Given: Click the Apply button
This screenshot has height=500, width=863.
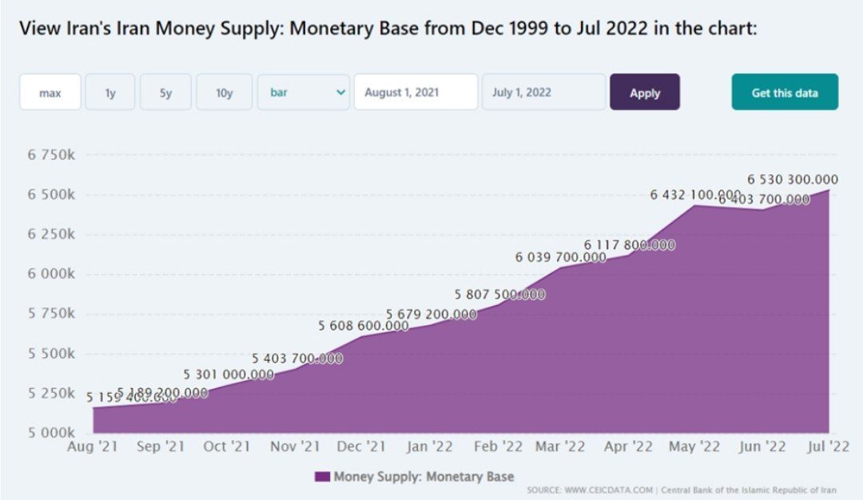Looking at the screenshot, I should click(x=645, y=93).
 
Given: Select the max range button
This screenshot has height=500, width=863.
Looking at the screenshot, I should click(x=50, y=93).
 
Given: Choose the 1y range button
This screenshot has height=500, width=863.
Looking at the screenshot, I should click(x=110, y=93).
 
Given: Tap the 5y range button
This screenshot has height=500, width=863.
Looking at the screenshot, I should click(x=165, y=93).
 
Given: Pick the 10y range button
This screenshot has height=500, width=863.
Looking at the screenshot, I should click(x=225, y=93).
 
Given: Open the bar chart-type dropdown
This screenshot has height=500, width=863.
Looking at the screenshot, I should click(x=304, y=93).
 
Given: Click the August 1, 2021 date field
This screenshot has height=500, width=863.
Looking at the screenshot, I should click(x=416, y=93).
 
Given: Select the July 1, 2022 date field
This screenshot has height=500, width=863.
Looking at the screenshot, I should click(x=543, y=93).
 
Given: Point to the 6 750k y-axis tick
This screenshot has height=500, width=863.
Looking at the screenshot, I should click(x=51, y=154).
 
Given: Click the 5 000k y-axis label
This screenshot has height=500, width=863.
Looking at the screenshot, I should click(x=51, y=433).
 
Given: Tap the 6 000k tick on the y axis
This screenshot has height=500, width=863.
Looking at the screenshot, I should click(x=51, y=274).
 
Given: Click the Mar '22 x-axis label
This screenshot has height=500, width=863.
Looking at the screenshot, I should click(x=559, y=447).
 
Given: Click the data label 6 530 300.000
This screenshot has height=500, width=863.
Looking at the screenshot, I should click(x=792, y=180).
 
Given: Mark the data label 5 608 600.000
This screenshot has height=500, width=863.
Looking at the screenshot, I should click(x=364, y=326).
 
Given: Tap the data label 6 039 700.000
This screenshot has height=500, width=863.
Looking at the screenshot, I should click(x=561, y=257).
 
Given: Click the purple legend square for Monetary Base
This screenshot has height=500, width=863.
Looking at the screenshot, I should click(x=322, y=477).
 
